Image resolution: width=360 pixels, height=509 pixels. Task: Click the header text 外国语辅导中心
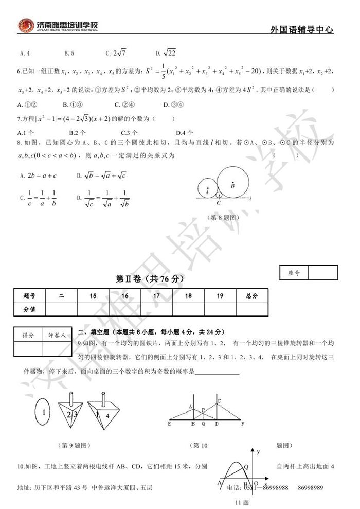[x=301, y=30]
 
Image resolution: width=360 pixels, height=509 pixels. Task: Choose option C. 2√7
[x=116, y=52]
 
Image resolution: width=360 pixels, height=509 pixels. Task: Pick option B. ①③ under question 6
[x=71, y=105]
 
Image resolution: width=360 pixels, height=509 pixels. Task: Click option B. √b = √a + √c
[x=101, y=175]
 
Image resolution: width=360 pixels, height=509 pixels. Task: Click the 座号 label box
[x=293, y=273]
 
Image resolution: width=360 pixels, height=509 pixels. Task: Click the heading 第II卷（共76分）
[x=150, y=278]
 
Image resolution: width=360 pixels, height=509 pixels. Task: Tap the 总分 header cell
[x=251, y=296]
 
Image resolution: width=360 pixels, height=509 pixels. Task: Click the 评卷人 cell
[x=57, y=335]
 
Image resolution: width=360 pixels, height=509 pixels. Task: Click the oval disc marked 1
[x=44, y=413]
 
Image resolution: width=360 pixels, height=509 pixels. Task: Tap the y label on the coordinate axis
[x=259, y=452]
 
